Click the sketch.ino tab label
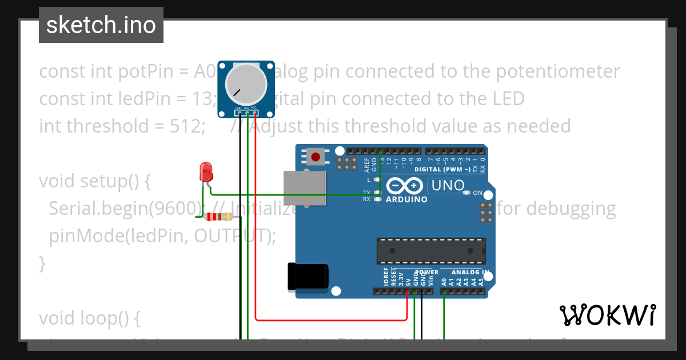tap(101, 25)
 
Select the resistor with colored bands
tap(218, 217)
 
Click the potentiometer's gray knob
tap(246, 84)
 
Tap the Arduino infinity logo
tap(404, 186)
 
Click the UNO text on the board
tap(448, 186)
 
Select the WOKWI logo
tap(607, 315)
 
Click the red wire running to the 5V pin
tap(332, 319)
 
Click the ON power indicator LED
tap(467, 193)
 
